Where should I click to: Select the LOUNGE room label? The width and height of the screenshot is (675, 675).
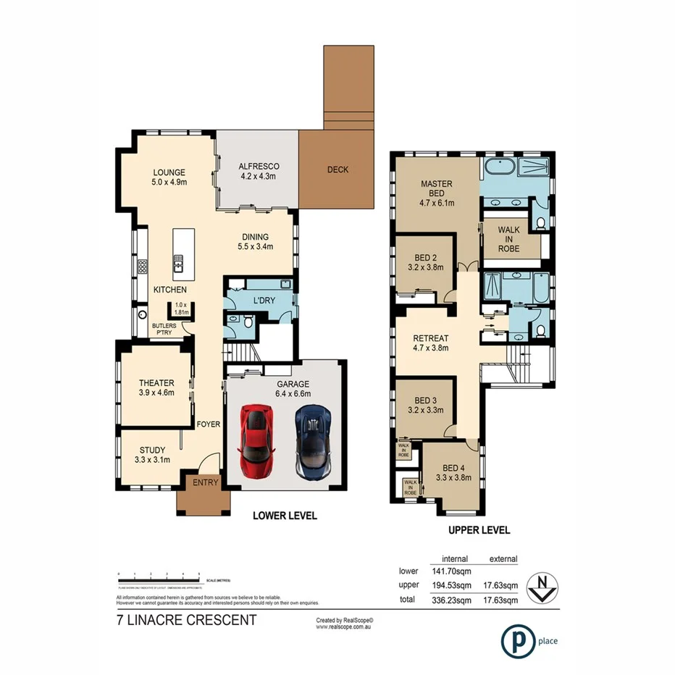169,172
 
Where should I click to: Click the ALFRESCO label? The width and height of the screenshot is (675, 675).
259,167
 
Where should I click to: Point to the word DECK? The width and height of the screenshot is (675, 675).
337,170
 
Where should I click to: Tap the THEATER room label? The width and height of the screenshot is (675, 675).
156,383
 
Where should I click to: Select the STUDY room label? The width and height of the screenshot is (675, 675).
152,450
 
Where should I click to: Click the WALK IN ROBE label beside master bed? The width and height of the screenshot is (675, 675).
509,239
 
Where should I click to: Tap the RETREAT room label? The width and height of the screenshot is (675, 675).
431,338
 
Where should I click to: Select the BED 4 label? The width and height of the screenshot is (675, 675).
454,466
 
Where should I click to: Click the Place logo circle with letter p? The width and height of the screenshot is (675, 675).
515,640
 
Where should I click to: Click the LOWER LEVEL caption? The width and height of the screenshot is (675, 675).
284,516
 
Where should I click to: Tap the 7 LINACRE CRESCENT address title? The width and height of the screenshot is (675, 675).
186,620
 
